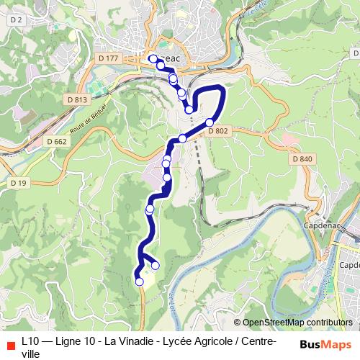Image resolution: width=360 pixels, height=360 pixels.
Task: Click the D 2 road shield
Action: click(x=16, y=20)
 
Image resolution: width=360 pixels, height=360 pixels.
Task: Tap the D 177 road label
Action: click(x=109, y=58)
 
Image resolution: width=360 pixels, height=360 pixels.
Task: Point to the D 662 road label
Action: click(x=56, y=142)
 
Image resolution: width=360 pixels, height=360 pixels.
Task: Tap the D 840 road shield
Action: click(x=302, y=158)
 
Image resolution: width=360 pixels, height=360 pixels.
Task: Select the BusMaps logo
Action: click(x=325, y=343)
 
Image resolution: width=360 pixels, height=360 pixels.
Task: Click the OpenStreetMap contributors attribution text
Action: click(x=297, y=323)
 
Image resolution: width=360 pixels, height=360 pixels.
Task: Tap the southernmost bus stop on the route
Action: click(x=139, y=282)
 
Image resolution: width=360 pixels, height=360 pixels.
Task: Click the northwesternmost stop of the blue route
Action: click(x=153, y=58)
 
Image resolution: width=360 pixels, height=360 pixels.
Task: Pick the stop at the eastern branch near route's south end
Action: click(x=155, y=266)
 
